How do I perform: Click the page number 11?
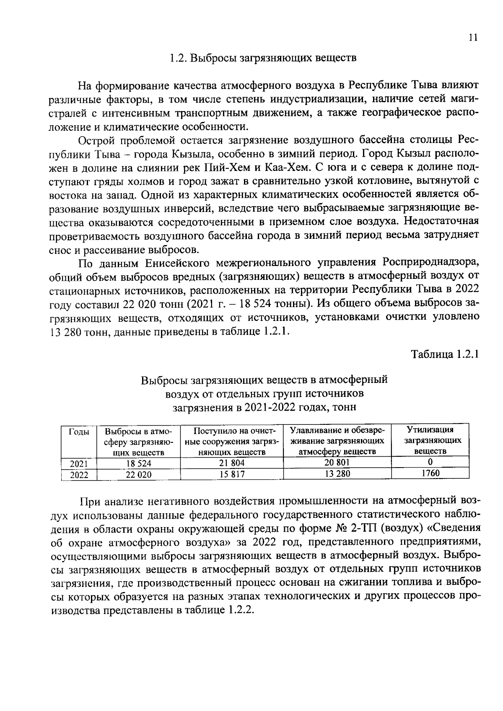tap(473, 38)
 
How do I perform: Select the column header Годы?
tap(78, 432)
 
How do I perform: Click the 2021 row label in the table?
tap(78, 464)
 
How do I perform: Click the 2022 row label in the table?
tap(78, 475)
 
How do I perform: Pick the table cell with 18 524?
tap(138, 464)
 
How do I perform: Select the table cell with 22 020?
tap(139, 475)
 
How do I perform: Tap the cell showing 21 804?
tap(232, 463)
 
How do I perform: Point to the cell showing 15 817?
tap(232, 474)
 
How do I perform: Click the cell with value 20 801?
tap(337, 462)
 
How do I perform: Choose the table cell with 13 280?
tap(337, 473)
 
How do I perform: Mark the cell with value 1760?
tap(430, 473)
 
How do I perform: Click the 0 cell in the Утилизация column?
tap(430, 462)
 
